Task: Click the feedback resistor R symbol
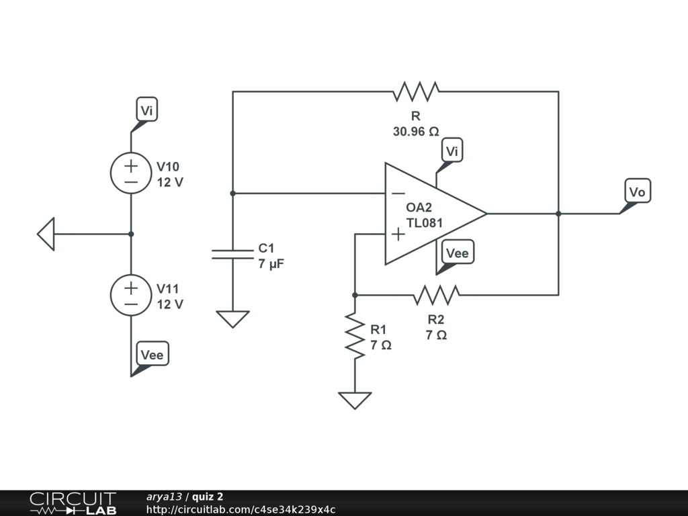[417, 91]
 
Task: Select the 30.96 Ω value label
[416, 132]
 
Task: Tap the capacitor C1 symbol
[232, 254]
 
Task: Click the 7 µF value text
[271, 264]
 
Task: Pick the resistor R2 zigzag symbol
[437, 295]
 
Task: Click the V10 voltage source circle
[131, 173]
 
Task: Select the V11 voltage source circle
[131, 295]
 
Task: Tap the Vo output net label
[637, 192]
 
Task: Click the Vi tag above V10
[147, 110]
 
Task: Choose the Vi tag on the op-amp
[452, 152]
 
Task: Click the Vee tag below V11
[152, 354]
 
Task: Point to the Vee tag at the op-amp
[458, 253]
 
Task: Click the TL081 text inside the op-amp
[425, 222]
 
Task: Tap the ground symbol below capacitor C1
[232, 318]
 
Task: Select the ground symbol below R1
[355, 400]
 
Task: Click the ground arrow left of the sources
[46, 234]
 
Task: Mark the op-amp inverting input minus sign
[398, 193]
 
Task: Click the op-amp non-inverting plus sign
[398, 234]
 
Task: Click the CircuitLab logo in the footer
[73, 503]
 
